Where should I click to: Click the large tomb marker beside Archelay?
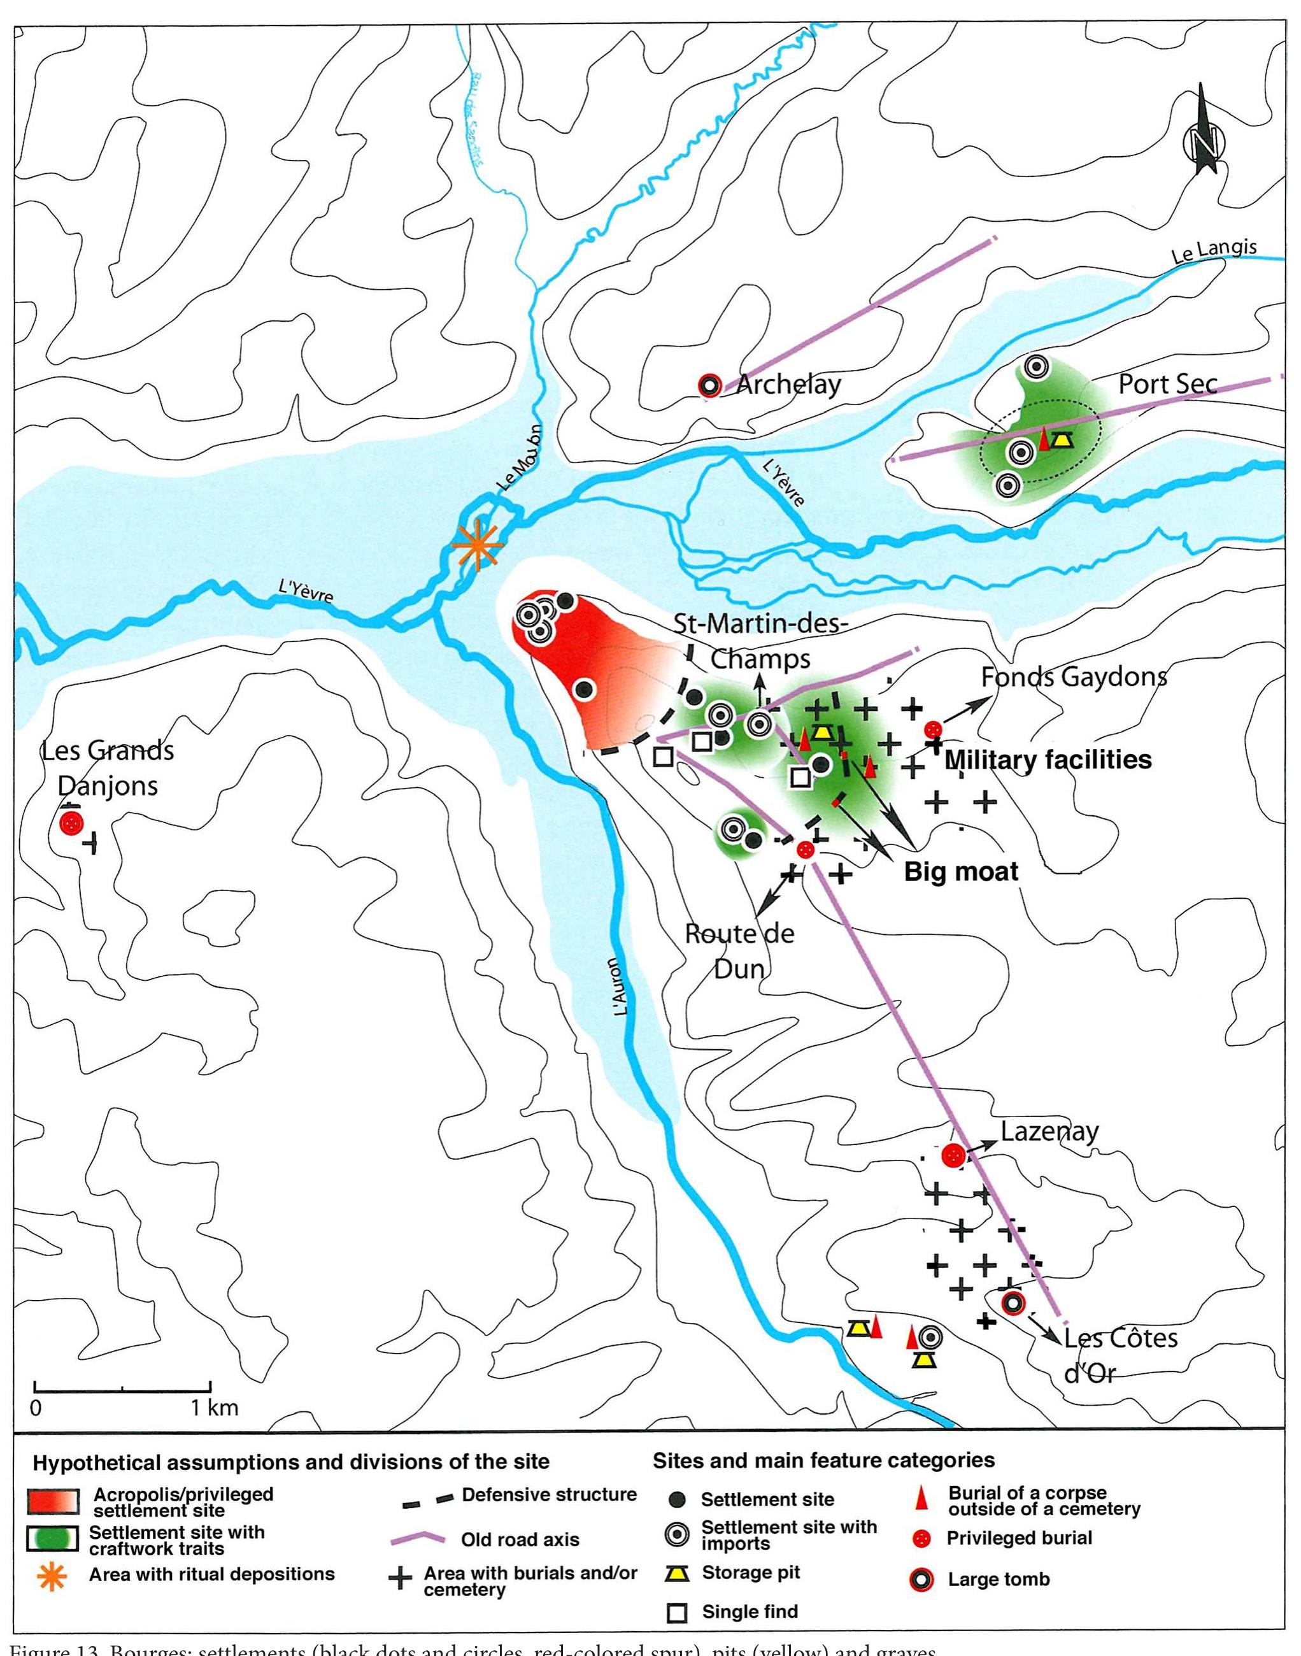click(709, 386)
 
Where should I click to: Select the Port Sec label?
click(1167, 384)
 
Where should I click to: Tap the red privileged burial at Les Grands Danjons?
click(71, 823)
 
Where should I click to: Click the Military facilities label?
click(1048, 759)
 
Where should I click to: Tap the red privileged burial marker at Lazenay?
click(952, 1155)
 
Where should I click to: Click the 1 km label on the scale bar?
click(214, 1408)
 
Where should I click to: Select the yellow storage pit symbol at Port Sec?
click(1062, 439)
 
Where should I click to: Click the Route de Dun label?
click(739, 952)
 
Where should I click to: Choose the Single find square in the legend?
click(677, 1613)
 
